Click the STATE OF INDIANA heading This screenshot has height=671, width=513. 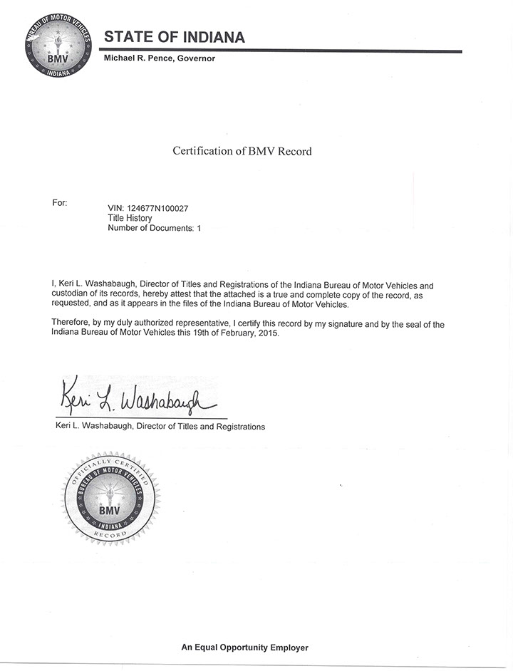[x=175, y=37]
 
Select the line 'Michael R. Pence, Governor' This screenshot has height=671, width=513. [x=160, y=58]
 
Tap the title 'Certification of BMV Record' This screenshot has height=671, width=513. [x=242, y=151]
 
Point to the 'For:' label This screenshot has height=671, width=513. [x=60, y=203]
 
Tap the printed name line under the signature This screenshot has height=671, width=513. [x=160, y=427]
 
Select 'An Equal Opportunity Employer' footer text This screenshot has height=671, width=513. [x=244, y=647]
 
